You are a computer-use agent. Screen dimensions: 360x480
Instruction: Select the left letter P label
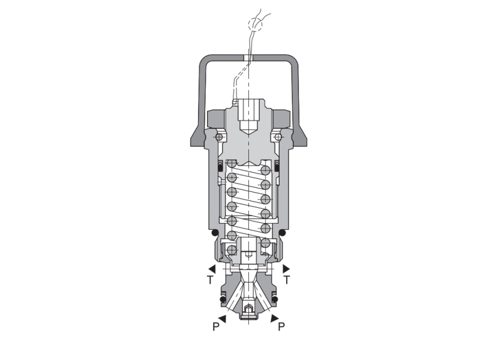point(215,327)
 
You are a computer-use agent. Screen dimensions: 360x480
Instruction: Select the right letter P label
point(281,327)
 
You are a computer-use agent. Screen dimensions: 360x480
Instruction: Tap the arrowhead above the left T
point(212,269)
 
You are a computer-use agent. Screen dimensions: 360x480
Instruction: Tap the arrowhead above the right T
point(286,269)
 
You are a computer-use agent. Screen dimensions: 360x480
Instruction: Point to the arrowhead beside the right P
point(274,317)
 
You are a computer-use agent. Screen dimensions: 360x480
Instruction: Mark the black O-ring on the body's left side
point(212,232)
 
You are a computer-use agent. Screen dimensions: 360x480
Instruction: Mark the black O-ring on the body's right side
point(282,232)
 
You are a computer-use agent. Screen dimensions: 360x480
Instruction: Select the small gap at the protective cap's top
point(248,58)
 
